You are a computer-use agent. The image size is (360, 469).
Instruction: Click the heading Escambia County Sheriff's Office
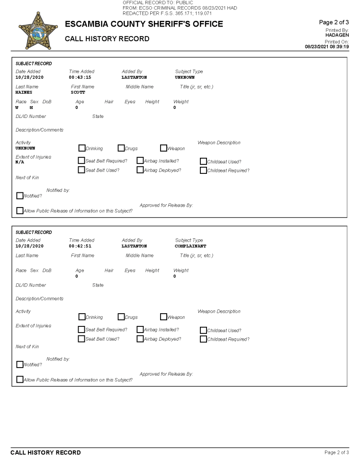[144, 24]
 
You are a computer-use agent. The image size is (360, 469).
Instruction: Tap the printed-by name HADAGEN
[337, 35]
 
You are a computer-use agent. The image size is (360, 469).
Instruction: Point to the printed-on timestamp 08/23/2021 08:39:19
[327, 46]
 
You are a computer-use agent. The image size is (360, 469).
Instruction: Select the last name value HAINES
[24, 92]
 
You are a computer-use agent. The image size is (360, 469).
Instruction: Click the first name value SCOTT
[78, 92]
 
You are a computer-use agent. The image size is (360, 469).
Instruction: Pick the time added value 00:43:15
[80, 77]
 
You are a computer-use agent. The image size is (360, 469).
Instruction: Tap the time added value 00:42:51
[80, 246]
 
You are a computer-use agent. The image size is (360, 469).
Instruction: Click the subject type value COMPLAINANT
[190, 246]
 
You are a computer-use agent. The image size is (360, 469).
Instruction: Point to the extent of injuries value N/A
[20, 162]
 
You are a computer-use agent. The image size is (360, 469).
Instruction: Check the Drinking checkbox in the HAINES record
[81, 148]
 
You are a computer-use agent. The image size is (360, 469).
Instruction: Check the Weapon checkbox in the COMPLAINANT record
[163, 317]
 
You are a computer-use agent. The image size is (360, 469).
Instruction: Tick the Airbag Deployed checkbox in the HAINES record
[140, 170]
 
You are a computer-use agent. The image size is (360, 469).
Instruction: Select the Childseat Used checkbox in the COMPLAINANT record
[203, 330]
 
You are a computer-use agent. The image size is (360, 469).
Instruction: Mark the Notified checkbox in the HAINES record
[19, 196]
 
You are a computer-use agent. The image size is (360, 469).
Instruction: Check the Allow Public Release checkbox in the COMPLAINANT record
[19, 379]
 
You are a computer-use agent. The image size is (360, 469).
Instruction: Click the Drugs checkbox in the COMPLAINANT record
[121, 317]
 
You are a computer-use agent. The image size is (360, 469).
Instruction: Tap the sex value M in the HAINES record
[31, 108]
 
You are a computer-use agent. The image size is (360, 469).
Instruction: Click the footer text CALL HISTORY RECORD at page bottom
[45, 452]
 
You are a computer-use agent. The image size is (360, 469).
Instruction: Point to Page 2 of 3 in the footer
[336, 452]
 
